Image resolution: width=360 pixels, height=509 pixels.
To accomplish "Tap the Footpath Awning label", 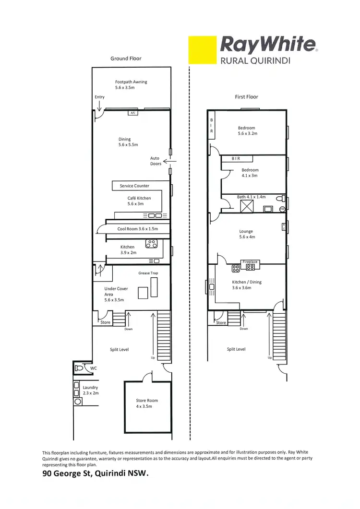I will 131,85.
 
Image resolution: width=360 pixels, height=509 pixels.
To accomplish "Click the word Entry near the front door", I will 99,97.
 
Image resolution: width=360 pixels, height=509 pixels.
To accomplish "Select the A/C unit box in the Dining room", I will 132,113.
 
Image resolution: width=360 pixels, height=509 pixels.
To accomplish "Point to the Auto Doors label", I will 156,161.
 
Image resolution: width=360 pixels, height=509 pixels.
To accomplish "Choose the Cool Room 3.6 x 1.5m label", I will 137,229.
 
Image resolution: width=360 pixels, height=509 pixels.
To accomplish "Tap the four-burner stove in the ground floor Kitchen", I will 152,244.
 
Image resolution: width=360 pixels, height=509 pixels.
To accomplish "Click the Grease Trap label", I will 148,273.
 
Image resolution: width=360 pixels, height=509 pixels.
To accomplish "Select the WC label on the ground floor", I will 94,368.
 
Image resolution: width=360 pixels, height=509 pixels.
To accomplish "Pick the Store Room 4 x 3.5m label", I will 147,403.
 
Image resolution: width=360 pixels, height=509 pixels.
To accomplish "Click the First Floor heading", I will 246,97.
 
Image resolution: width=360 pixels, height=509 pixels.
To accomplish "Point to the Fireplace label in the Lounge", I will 250,262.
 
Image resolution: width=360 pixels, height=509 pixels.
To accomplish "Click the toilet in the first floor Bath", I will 280,198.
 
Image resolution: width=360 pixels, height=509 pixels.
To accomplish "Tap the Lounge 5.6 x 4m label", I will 246,234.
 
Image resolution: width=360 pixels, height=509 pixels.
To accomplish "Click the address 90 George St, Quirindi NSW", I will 96,474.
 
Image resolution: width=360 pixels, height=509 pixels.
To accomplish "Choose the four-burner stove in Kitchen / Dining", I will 236,268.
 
